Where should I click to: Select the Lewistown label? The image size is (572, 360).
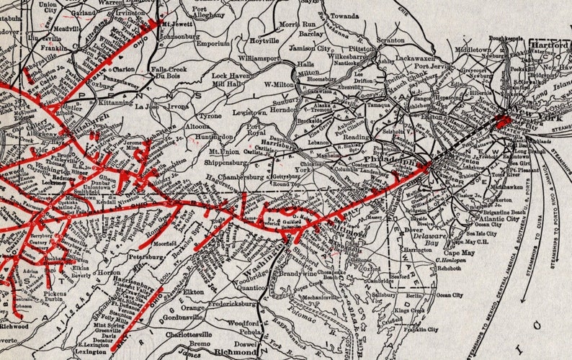[249, 114]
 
